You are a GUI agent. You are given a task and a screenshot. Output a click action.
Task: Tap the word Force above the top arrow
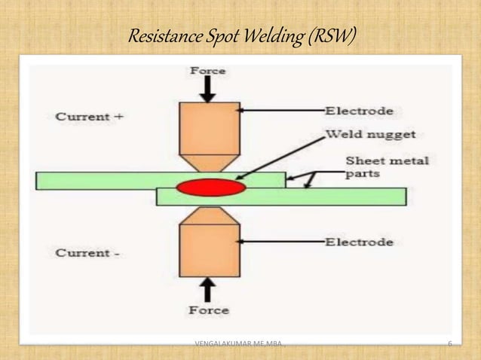click(x=207, y=71)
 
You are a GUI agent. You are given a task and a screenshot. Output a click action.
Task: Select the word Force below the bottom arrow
click(x=208, y=310)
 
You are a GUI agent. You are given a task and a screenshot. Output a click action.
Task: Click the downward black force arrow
click(x=208, y=89)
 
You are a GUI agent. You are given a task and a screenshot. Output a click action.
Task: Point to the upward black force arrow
click(x=208, y=290)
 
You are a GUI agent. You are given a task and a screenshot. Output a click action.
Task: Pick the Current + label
click(x=89, y=117)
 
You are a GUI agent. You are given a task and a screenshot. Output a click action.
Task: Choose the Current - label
click(x=87, y=253)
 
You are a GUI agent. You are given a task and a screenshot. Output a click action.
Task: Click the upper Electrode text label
click(x=359, y=111)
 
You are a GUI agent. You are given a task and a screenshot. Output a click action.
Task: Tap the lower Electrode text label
click(x=359, y=243)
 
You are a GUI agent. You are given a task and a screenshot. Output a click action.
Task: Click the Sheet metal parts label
click(x=387, y=166)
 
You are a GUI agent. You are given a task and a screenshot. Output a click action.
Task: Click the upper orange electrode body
click(x=209, y=128)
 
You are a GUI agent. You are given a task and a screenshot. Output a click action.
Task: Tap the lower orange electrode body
click(x=209, y=250)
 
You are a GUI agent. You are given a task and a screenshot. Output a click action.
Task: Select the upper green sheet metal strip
click(x=98, y=180)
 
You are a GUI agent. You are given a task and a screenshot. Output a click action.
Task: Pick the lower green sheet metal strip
click(x=339, y=197)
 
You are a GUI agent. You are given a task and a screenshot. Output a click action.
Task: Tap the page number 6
click(x=449, y=345)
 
